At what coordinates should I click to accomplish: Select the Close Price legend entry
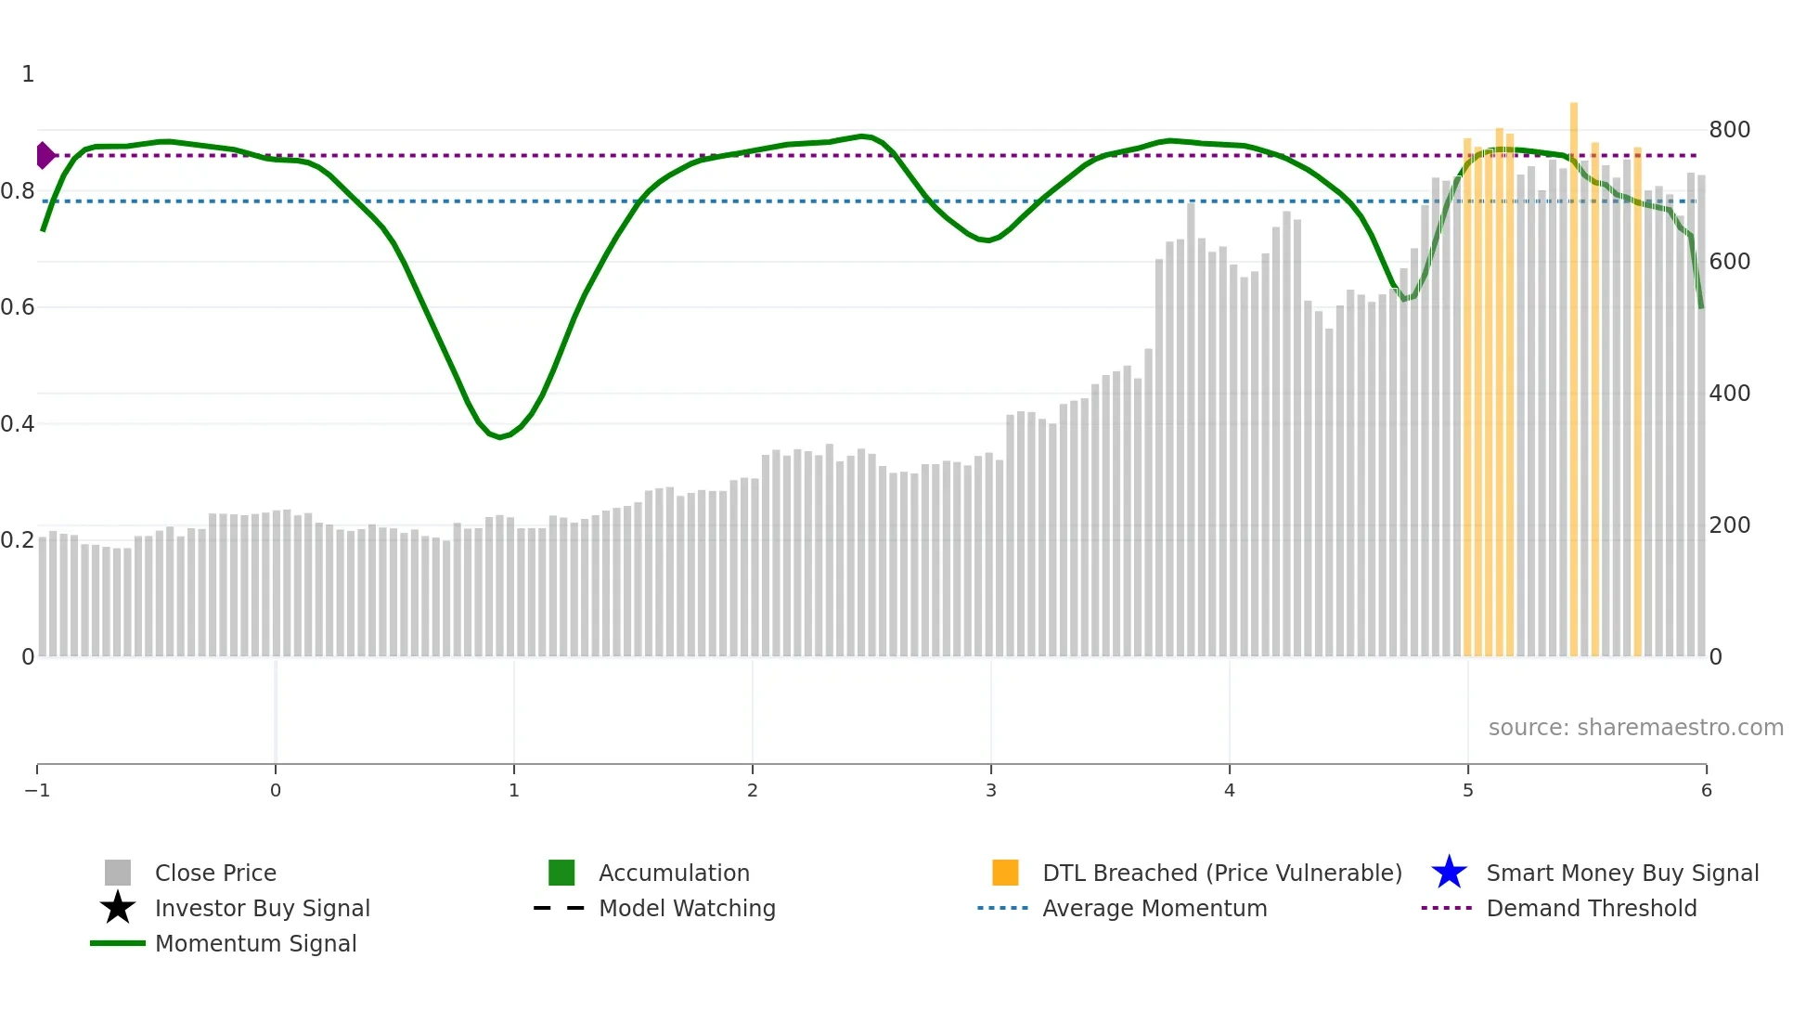(215, 873)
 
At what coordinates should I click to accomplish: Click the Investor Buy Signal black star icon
(118, 908)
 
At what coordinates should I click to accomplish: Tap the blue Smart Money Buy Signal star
(1449, 873)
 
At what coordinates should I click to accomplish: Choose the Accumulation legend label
(674, 873)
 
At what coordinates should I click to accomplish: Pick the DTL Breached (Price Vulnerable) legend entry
(1221, 873)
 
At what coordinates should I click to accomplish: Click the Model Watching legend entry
(687, 908)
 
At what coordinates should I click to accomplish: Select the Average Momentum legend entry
(1155, 908)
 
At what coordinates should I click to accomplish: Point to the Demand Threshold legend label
(1591, 908)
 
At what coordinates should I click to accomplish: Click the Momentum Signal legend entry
(255, 943)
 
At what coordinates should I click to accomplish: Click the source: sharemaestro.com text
(1635, 727)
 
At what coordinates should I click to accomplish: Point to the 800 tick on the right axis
(1729, 130)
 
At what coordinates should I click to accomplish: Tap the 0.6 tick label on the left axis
(18, 307)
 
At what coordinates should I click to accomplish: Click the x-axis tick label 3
(991, 791)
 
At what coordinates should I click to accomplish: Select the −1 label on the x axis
(37, 791)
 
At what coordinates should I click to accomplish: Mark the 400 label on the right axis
(1729, 394)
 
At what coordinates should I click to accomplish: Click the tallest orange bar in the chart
(1574, 371)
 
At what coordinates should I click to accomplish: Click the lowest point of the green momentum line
(500, 437)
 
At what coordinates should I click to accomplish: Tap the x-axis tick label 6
(1706, 791)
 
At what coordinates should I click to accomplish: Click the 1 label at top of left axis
(28, 74)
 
